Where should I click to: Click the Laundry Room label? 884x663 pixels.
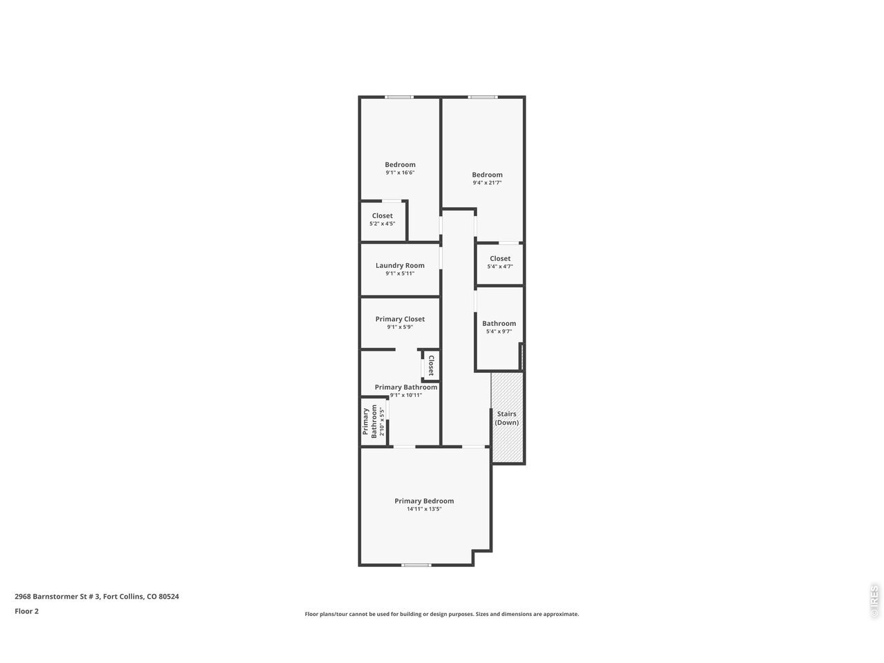399,265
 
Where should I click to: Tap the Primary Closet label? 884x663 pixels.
399,319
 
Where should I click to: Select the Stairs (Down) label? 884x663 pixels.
506,418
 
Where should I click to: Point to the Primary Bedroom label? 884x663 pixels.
423,501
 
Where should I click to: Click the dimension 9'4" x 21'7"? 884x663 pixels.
487,183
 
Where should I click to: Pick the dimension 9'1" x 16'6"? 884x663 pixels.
399,173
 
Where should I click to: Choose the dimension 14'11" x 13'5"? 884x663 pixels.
423,509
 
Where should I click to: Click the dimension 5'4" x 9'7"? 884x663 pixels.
499,331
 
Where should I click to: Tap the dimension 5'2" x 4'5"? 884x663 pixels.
382,224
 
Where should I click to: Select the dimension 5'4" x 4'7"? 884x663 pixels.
500,267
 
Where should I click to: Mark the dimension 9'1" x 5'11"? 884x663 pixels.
399,273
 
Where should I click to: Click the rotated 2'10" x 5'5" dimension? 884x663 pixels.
382,421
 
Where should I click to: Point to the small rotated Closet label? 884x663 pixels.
431,365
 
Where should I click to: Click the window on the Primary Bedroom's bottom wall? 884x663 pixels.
416,565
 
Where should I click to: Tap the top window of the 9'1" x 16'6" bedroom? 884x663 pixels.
398,97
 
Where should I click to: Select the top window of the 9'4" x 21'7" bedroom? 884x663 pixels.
483,97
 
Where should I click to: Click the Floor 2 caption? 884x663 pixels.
26,611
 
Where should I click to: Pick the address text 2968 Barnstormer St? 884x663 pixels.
50,596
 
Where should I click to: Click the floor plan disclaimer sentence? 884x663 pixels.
442,614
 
